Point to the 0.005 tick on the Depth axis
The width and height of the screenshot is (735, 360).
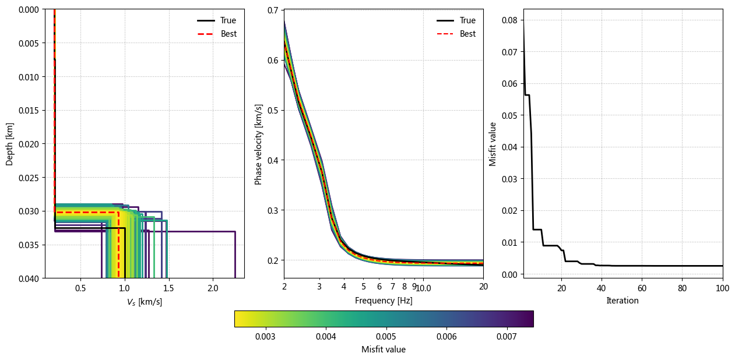[x=29, y=43]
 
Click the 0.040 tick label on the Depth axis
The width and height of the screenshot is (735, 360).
[x=29, y=278]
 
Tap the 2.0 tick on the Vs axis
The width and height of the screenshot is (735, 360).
[x=213, y=288]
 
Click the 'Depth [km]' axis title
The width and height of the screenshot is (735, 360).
[x=9, y=144]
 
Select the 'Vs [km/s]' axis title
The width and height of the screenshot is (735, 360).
[x=145, y=302]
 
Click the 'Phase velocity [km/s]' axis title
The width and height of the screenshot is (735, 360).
[x=258, y=144]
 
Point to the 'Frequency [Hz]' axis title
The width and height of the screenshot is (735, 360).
[x=384, y=301]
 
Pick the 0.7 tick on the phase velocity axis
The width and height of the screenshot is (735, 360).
[x=273, y=10]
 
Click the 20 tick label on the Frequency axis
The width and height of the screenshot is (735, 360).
[x=483, y=287]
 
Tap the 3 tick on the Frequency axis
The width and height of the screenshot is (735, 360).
[x=319, y=287]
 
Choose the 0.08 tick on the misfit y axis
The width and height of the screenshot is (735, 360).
[x=509, y=20]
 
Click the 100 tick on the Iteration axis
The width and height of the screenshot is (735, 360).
[x=723, y=288]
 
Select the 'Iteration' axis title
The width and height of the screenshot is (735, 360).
[x=623, y=301]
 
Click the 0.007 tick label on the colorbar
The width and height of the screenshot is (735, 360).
[x=507, y=337]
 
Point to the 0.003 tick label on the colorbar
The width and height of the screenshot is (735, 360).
[x=265, y=337]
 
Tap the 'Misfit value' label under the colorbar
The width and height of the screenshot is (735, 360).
[x=384, y=350]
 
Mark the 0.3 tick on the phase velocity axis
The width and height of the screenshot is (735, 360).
[x=273, y=210]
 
